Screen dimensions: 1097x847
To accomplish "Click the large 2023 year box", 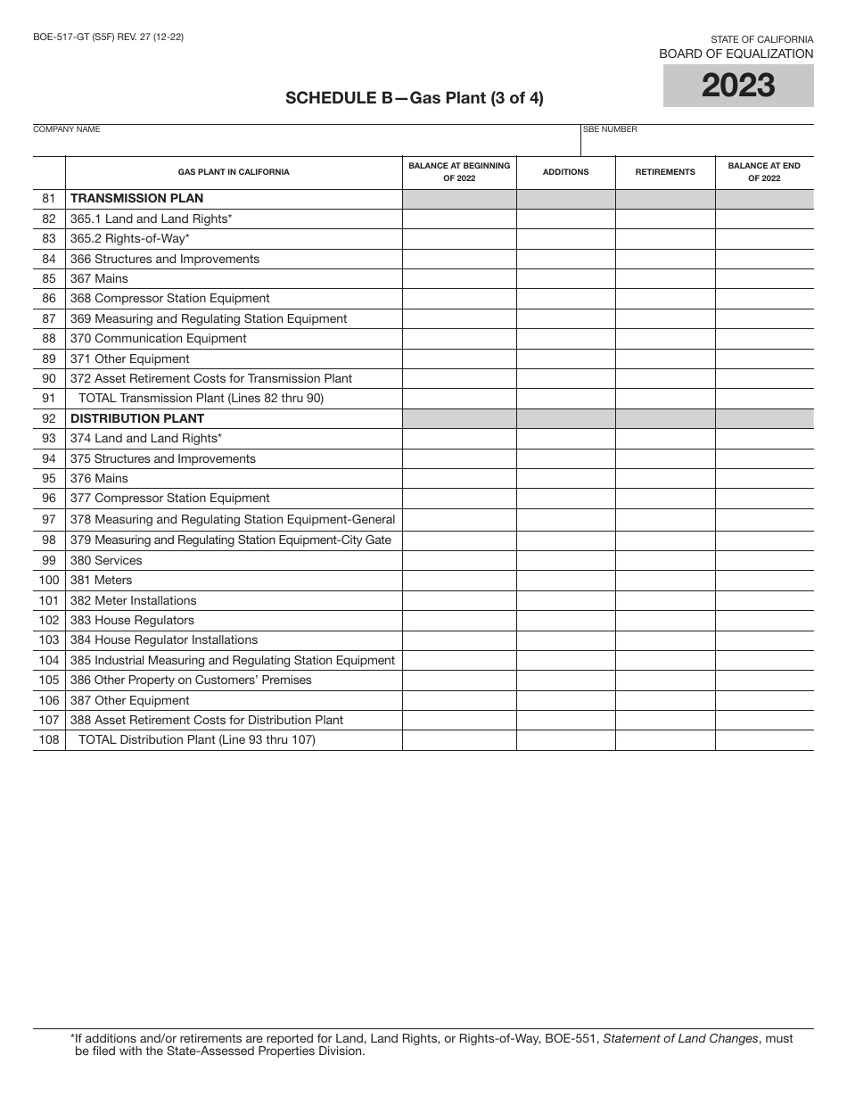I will (x=738, y=86).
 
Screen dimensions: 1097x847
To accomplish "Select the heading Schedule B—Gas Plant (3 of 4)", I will (x=414, y=98).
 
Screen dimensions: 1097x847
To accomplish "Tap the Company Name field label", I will (x=67, y=129).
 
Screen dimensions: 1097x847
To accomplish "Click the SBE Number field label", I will (x=610, y=129).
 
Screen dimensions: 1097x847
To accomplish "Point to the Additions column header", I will (x=565, y=172).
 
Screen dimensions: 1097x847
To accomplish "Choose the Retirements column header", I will (x=665, y=172).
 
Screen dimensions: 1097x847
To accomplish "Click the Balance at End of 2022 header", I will (x=764, y=172).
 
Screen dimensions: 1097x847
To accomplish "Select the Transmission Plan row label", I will (x=136, y=199).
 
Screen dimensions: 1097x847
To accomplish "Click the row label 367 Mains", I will (x=99, y=278).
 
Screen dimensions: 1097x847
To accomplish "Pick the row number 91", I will (x=49, y=399).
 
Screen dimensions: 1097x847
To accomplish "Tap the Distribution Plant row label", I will (x=137, y=418).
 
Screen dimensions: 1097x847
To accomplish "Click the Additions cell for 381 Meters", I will (x=565, y=581).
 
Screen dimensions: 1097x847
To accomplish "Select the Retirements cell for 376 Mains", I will (x=665, y=479).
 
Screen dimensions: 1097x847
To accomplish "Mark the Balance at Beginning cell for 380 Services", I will (x=459, y=561).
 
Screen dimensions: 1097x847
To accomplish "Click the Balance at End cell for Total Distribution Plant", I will (x=764, y=740).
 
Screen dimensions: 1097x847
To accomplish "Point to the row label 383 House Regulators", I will (x=132, y=621).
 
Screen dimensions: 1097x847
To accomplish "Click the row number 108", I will (x=49, y=740).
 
